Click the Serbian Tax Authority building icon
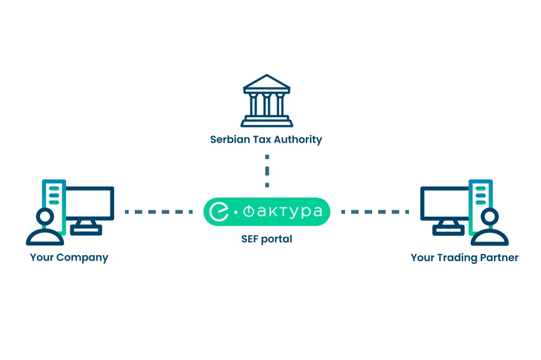coord(266,101)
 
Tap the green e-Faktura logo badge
coord(266,211)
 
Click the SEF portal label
coord(266,239)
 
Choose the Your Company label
coord(69,257)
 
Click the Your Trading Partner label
coord(464,257)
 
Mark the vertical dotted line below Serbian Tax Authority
coord(267,170)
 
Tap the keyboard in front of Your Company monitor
coord(86,230)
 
